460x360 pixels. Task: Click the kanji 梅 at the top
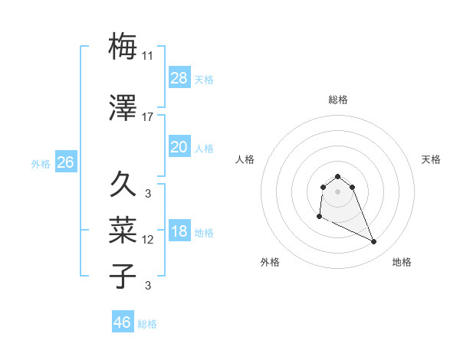123,46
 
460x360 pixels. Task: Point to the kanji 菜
123,230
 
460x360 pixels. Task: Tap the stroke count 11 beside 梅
148,56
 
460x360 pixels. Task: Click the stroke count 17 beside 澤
148,117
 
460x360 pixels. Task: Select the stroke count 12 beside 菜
148,240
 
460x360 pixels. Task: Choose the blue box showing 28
179,77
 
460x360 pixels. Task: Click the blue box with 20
179,146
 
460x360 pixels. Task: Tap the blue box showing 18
179,231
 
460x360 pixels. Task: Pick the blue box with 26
65,162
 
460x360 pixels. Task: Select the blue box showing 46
123,322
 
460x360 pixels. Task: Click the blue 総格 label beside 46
147,324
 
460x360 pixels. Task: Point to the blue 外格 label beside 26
41,163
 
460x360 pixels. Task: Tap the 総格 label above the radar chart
338,100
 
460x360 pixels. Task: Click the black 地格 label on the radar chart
402,262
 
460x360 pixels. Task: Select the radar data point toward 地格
374,242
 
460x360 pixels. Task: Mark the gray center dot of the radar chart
338,191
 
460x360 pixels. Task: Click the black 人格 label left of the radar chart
245,159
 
